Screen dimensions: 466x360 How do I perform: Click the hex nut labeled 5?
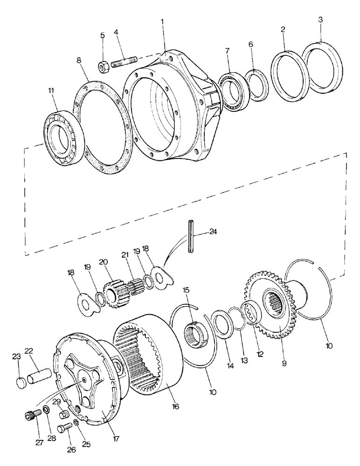click(104, 67)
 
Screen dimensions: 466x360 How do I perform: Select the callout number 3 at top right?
click(320, 21)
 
